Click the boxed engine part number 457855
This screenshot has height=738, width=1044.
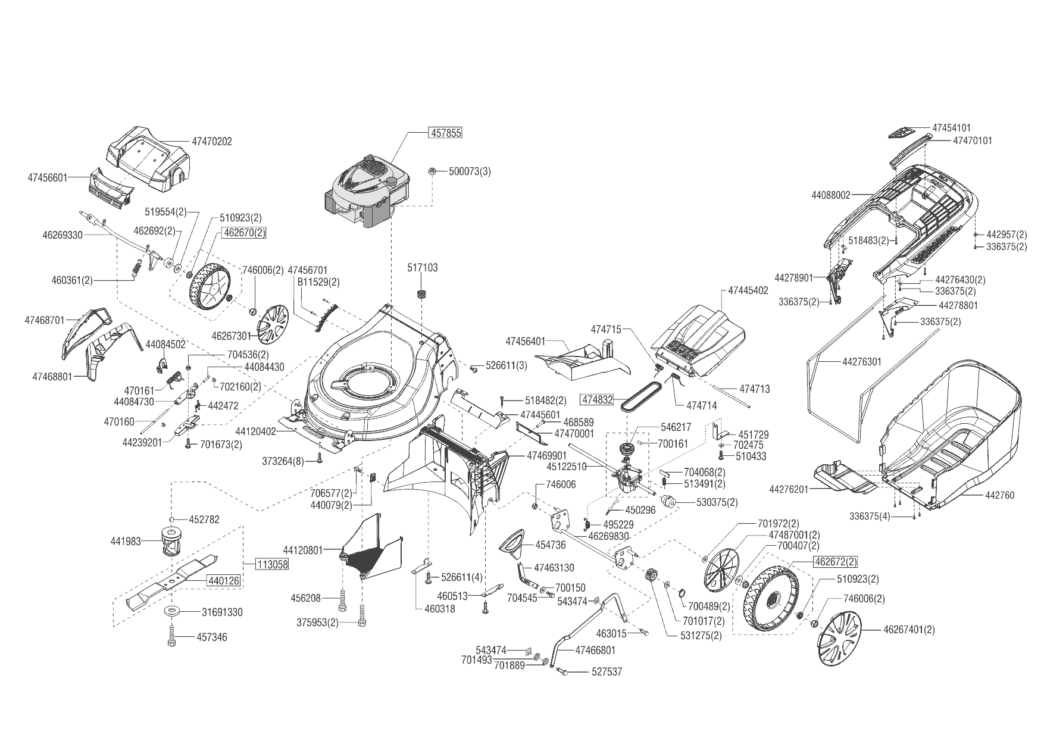pyautogui.click(x=445, y=133)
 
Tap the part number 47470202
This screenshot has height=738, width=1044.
pyautogui.click(x=212, y=142)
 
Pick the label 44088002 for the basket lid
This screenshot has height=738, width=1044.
pyautogui.click(x=832, y=195)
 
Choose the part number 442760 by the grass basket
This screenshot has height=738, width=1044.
pyautogui.click(x=1000, y=495)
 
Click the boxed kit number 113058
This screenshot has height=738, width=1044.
pyautogui.click(x=272, y=565)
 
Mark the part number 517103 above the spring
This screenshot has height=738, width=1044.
pyautogui.click(x=423, y=268)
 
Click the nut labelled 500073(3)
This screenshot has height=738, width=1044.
pyautogui.click(x=432, y=171)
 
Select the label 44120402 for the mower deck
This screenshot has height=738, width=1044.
pyautogui.click(x=256, y=431)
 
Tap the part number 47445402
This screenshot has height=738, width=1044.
pyautogui.click(x=748, y=291)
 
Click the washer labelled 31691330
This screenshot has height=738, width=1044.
pyautogui.click(x=173, y=611)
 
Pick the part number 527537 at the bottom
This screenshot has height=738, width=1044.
pyautogui.click(x=607, y=672)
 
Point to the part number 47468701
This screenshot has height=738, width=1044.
pyautogui.click(x=45, y=320)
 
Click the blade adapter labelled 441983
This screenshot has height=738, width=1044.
pyautogui.click(x=170, y=542)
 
